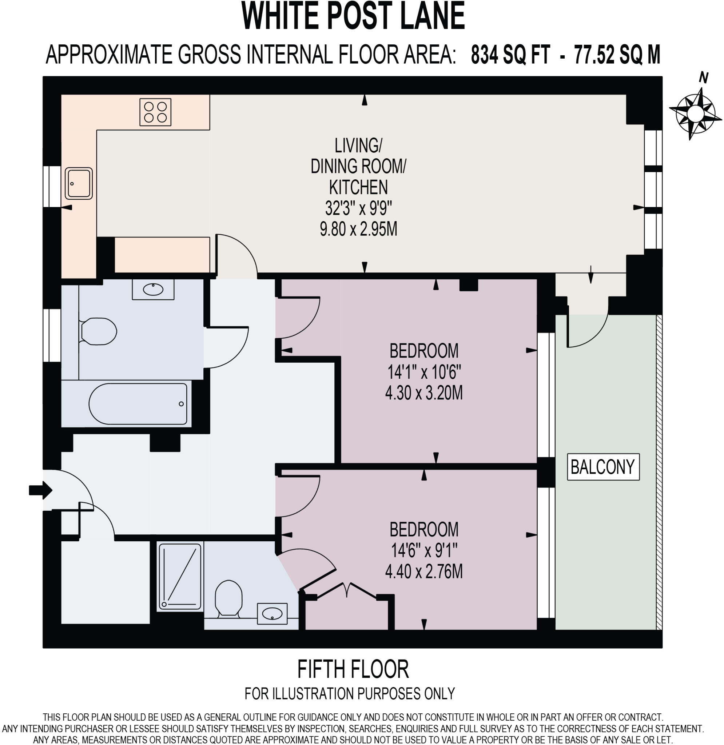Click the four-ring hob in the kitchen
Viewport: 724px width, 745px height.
point(155,112)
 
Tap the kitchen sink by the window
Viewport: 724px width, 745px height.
point(79,184)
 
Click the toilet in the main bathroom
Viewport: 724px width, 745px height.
point(98,331)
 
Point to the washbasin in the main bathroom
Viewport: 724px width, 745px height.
point(153,290)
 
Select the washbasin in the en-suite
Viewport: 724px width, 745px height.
point(272,613)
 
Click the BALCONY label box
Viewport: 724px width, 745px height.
point(603,467)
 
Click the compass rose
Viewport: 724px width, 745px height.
point(696,113)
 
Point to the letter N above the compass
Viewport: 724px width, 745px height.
point(704,77)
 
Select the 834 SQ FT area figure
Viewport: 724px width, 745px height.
point(510,54)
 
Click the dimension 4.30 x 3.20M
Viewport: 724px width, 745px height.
point(423,393)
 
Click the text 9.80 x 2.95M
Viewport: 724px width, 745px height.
point(358,229)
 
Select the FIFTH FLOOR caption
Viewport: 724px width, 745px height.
point(353,669)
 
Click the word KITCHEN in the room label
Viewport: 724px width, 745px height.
point(358,187)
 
